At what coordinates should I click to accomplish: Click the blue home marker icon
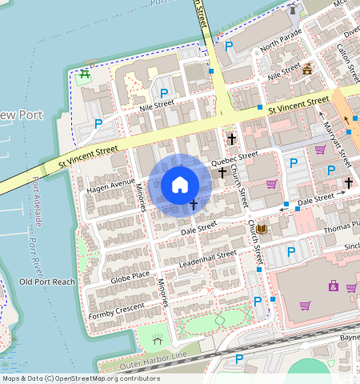(180, 185)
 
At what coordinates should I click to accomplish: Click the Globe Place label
(130, 276)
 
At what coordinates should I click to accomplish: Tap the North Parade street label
(279, 42)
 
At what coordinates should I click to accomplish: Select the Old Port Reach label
(47, 282)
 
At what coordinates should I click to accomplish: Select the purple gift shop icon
(333, 286)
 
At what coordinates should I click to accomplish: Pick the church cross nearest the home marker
(194, 206)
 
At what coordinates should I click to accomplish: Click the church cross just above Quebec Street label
(231, 139)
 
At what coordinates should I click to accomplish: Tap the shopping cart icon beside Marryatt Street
(320, 150)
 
